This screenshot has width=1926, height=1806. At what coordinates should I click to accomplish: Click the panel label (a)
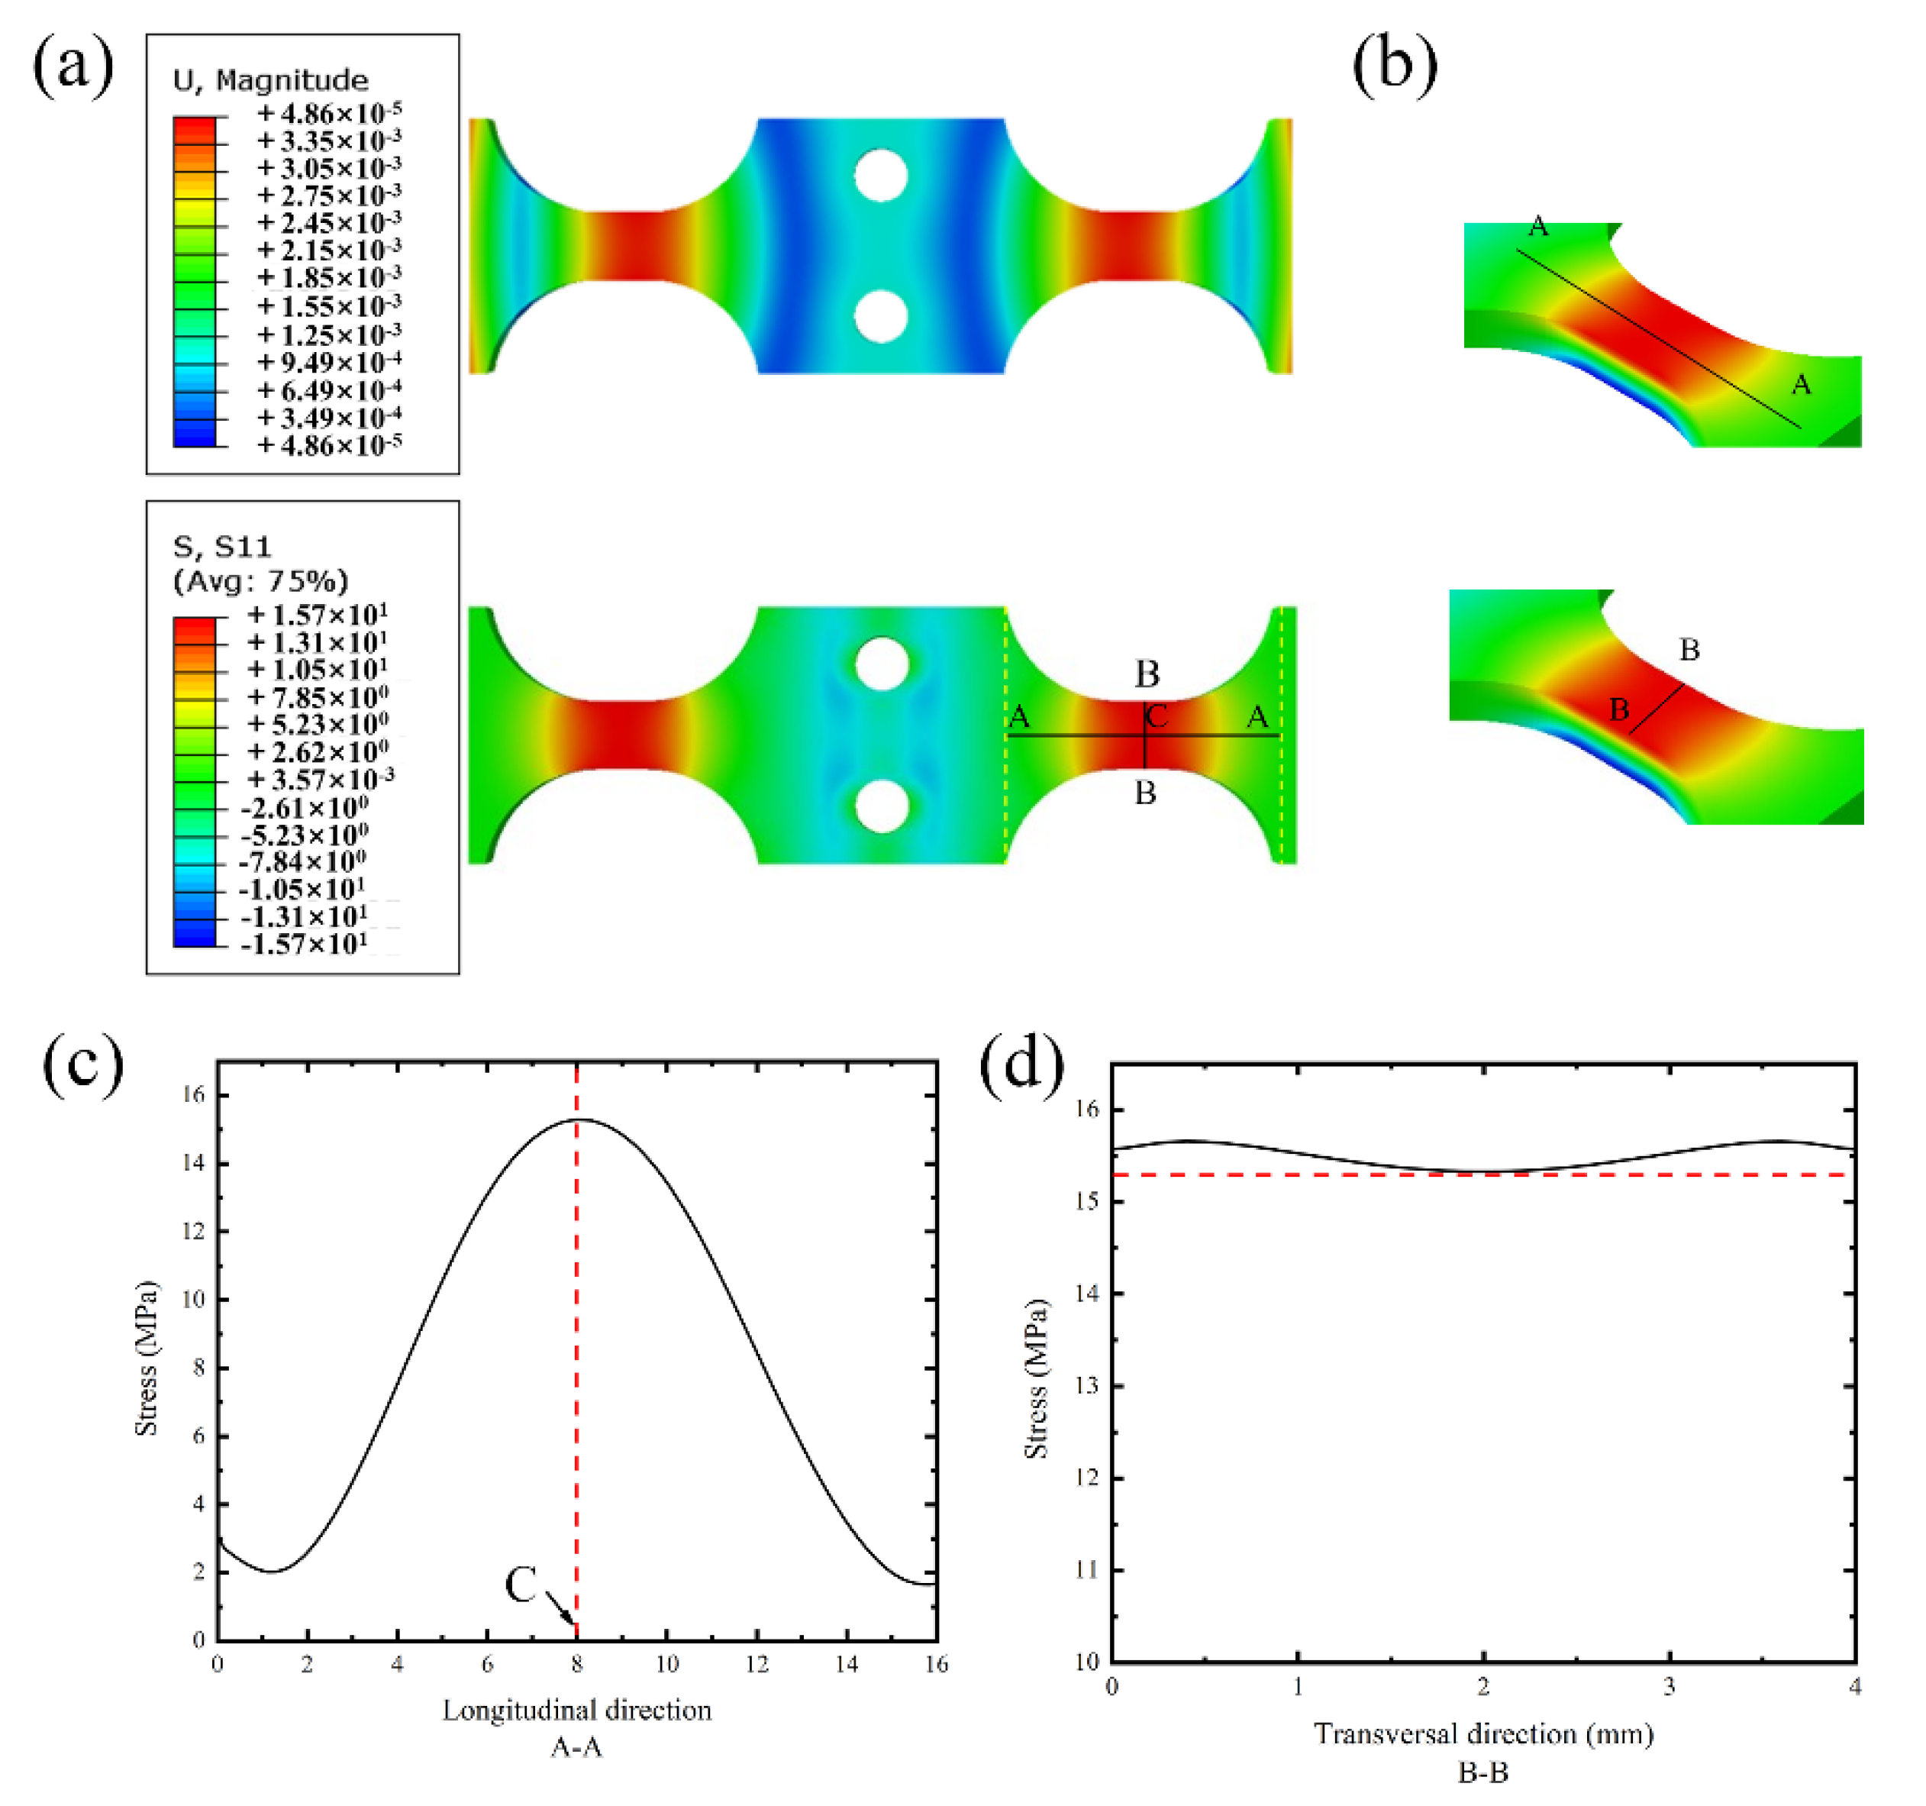[73, 68]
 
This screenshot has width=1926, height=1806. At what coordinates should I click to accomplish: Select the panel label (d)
[1021, 1066]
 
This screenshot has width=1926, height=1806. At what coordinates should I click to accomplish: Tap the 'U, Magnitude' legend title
[270, 80]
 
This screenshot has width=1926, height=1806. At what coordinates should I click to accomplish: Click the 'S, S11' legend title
[222, 548]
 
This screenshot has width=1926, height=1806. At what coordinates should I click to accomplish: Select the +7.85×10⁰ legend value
[318, 698]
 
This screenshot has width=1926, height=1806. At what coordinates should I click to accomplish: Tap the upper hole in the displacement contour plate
[881, 176]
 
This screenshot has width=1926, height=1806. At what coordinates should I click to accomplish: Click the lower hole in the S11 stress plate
[881, 806]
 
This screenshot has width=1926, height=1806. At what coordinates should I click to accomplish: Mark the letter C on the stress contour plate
[1157, 718]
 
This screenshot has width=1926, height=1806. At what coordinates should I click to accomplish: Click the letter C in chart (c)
[521, 1585]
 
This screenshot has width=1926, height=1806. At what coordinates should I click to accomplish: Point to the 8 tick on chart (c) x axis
[576, 1665]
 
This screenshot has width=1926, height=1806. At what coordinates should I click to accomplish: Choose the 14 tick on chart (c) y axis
[194, 1163]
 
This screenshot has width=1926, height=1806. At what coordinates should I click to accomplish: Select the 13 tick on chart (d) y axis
[1088, 1385]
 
